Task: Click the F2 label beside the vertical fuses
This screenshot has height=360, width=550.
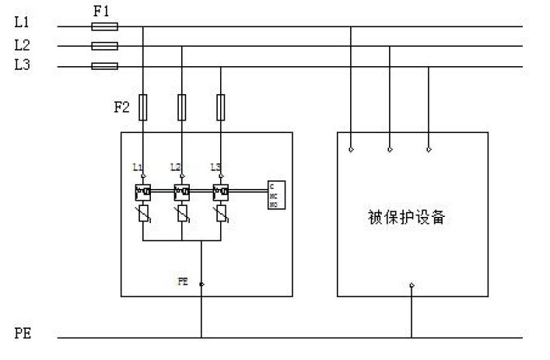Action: point(122,107)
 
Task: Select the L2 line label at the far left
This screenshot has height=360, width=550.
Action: point(23,45)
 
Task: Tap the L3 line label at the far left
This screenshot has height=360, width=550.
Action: point(23,65)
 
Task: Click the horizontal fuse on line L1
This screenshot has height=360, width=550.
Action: point(105,26)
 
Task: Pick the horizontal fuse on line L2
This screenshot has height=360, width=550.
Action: point(105,46)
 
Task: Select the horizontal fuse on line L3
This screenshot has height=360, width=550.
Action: point(105,66)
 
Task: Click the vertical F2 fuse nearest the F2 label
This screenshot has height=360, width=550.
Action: point(143,107)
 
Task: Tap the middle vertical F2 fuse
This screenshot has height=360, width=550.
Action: point(182,107)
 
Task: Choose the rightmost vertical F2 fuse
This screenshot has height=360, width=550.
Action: point(221,107)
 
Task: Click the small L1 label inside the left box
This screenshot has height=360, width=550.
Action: point(138,167)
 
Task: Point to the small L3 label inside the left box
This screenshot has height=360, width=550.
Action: point(216,167)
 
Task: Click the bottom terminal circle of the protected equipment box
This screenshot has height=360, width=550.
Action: point(412,285)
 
